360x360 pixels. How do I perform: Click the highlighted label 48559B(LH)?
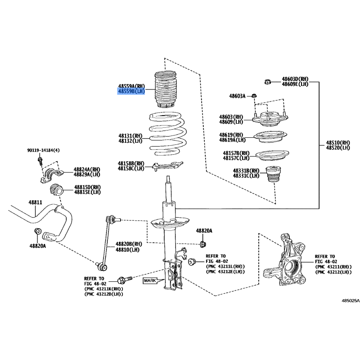pyautogui.click(x=131, y=91)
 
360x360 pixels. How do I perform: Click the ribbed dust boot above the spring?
pyautogui.click(x=165, y=89)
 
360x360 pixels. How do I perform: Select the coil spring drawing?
pyautogui.click(x=167, y=134)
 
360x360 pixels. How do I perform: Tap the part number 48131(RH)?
pyautogui.click(x=130, y=136)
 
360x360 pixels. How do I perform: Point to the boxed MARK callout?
pyautogui.click(x=150, y=280)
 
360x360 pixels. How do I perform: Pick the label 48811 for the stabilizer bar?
pyautogui.click(x=36, y=202)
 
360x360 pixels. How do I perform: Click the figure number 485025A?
pyautogui.click(x=351, y=301)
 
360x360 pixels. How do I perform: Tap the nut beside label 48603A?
pyautogui.click(x=254, y=96)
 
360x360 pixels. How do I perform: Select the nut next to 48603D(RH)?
pyautogui.click(x=267, y=81)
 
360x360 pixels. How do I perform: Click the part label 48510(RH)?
pyautogui.click(x=338, y=143)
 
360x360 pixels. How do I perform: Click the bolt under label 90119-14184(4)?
pyautogui.click(x=40, y=161)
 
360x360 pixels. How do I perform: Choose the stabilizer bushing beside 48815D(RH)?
pyautogui.click(x=56, y=190)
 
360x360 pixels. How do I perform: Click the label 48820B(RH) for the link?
pyautogui.click(x=129, y=244)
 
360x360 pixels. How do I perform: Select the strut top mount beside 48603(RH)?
pyautogui.click(x=270, y=118)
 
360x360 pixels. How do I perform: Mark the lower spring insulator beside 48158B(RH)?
pyautogui.click(x=167, y=166)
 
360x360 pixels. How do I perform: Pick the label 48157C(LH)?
pyautogui.click(x=236, y=158)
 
